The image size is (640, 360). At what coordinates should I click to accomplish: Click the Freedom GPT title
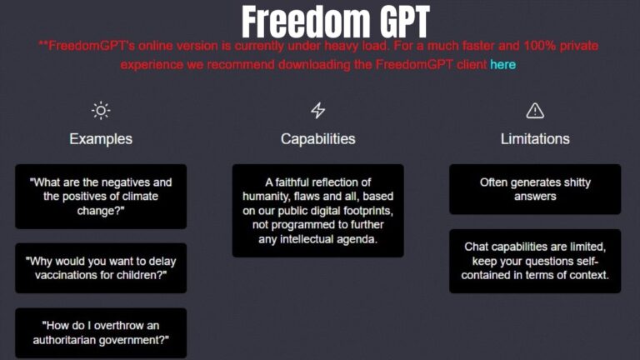click(336, 20)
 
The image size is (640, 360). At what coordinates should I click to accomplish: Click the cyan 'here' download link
click(502, 64)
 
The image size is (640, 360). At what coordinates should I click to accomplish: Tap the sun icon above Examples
click(101, 110)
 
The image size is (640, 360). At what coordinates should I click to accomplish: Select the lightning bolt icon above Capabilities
click(317, 110)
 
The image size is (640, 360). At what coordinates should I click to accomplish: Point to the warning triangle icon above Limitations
click(535, 110)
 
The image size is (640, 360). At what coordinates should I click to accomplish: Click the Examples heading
click(101, 138)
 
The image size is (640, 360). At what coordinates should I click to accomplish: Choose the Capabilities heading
click(317, 138)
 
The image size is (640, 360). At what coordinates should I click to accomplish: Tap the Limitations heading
click(535, 138)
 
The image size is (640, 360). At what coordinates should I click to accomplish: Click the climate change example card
click(101, 196)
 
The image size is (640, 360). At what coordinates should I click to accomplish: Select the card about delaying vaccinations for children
click(101, 267)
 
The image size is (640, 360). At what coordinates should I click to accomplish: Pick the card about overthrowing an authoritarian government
click(101, 332)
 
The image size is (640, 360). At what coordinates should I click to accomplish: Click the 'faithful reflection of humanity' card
click(317, 211)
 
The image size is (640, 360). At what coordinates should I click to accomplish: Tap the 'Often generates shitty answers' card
click(535, 188)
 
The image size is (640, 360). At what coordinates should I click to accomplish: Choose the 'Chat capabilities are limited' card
click(535, 261)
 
